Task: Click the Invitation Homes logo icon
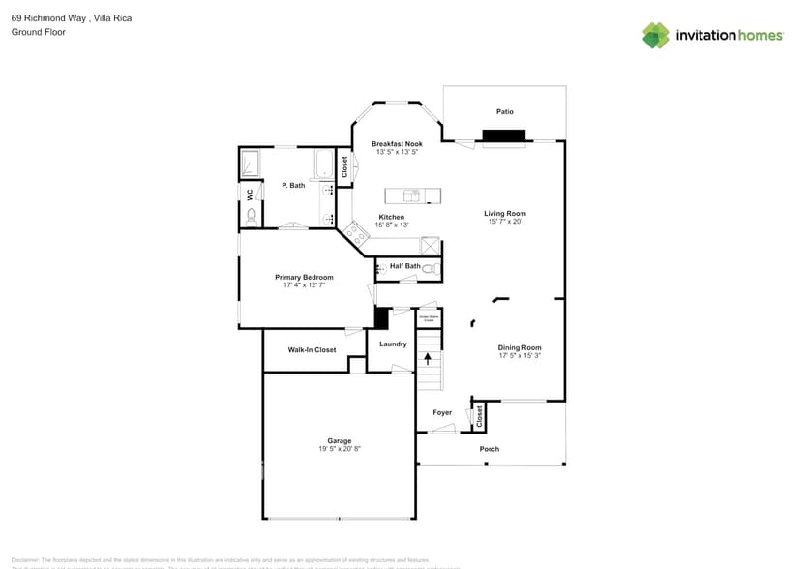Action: (x=656, y=35)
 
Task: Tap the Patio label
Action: (x=504, y=112)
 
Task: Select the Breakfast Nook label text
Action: (x=397, y=143)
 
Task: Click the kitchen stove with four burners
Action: (x=354, y=232)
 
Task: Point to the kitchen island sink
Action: (x=411, y=196)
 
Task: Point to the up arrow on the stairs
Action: (x=427, y=357)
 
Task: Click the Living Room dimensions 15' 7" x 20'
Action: (x=505, y=222)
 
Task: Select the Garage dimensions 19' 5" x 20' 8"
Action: (x=340, y=449)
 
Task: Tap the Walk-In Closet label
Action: (x=312, y=350)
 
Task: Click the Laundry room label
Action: (x=393, y=344)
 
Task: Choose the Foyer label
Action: (x=442, y=412)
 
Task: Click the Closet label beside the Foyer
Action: (x=479, y=416)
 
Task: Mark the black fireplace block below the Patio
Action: (x=504, y=136)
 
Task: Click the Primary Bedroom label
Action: (x=304, y=277)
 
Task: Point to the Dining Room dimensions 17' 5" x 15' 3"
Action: (x=520, y=356)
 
